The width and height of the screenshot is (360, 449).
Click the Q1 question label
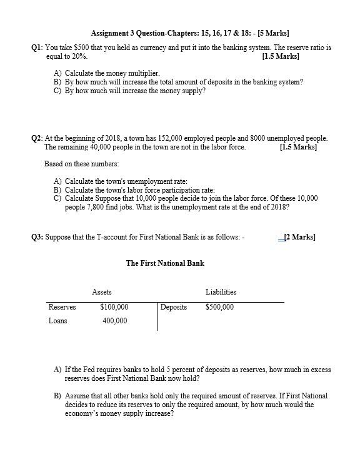[x=37, y=48]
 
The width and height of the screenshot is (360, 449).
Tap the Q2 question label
[x=37, y=138]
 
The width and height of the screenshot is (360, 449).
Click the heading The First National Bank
[x=165, y=263]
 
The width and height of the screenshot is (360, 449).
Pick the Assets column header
[x=102, y=292]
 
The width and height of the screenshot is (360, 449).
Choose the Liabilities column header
[x=221, y=292]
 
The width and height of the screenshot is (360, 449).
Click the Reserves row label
[x=62, y=307]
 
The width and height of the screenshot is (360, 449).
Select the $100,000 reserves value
[x=114, y=307]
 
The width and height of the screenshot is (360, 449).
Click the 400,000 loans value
[x=114, y=321]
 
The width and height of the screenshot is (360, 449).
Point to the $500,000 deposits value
[x=219, y=307]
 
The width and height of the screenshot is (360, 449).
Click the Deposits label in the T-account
[x=174, y=307]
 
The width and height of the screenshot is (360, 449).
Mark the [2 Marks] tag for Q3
[x=299, y=237]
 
